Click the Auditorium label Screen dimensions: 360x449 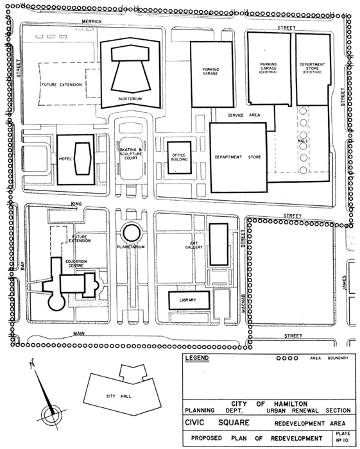[x=130, y=99]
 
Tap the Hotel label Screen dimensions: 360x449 [x=65, y=158]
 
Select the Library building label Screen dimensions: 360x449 [x=187, y=300]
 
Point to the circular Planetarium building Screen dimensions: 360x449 [x=131, y=233]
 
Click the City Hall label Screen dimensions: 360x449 [x=119, y=396]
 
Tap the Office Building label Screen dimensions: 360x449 [x=179, y=157]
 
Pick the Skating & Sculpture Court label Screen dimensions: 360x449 [x=131, y=154]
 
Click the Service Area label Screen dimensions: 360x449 [x=244, y=115]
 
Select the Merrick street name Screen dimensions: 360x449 [x=92, y=21]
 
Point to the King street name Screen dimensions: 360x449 [x=76, y=204]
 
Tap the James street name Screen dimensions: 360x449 [x=345, y=283]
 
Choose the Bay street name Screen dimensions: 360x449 [x=22, y=266]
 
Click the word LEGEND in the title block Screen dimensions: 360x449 [x=197, y=358]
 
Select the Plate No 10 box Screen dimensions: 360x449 [x=343, y=437]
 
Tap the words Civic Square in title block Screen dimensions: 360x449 [x=217, y=423]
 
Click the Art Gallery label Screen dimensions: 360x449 [x=194, y=245]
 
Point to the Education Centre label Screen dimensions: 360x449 [x=76, y=264]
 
